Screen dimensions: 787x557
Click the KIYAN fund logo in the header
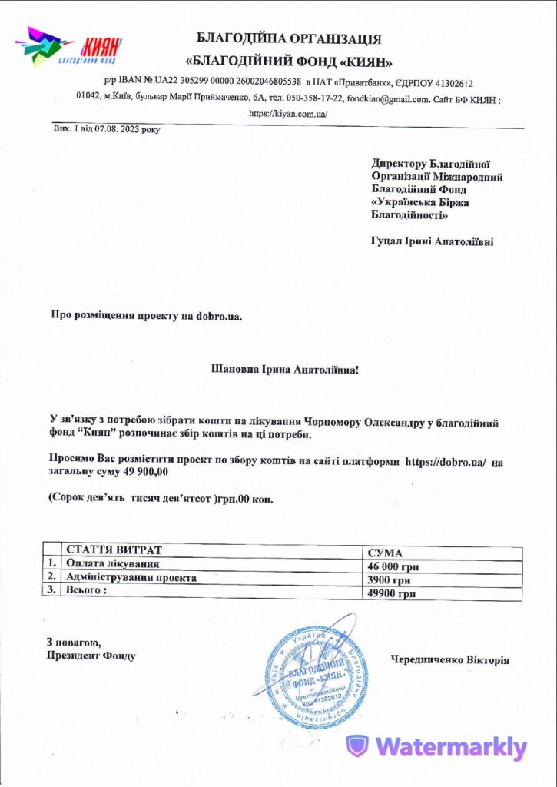click(68, 48)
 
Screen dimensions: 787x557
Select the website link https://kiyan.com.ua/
click(288, 113)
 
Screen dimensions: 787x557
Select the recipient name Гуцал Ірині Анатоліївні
click(432, 241)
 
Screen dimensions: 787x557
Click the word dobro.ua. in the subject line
click(219, 315)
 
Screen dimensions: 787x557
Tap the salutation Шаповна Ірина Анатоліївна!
click(284, 370)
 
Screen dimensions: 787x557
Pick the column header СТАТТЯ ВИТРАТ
click(114, 550)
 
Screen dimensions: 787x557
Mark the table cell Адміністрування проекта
click(131, 577)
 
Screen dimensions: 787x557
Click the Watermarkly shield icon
click(357, 745)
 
